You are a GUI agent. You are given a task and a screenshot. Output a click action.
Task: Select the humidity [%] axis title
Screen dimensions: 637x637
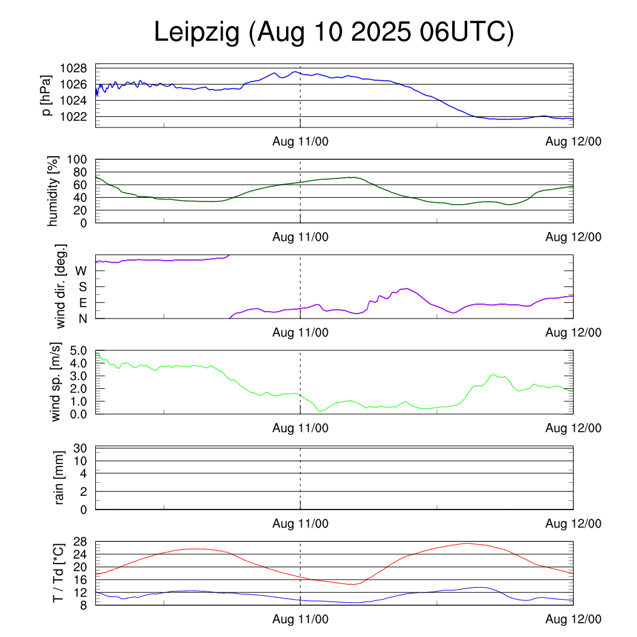pyautogui.click(x=53, y=191)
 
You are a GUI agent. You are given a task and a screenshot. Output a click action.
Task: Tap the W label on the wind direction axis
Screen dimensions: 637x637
pyautogui.click(x=81, y=271)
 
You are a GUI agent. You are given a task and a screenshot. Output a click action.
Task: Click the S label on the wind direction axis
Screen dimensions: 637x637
pyautogui.click(x=82, y=287)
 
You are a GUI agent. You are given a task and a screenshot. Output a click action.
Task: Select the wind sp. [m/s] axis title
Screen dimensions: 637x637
pyautogui.click(x=55, y=381)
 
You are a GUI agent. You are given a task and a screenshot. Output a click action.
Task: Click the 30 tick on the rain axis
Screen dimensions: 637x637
pyautogui.click(x=80, y=448)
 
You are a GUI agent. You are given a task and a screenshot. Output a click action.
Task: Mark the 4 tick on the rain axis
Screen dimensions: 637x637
pyautogui.click(x=83, y=473)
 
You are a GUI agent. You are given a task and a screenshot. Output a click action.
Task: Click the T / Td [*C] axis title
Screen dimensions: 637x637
pyautogui.click(x=58, y=572)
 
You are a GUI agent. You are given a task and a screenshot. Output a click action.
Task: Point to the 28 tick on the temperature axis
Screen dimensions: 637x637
pyautogui.click(x=80, y=542)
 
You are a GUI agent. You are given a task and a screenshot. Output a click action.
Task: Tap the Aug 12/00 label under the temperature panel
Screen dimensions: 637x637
pyautogui.click(x=574, y=620)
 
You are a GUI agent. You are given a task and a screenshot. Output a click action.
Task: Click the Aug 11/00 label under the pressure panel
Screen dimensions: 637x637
pyautogui.click(x=300, y=142)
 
